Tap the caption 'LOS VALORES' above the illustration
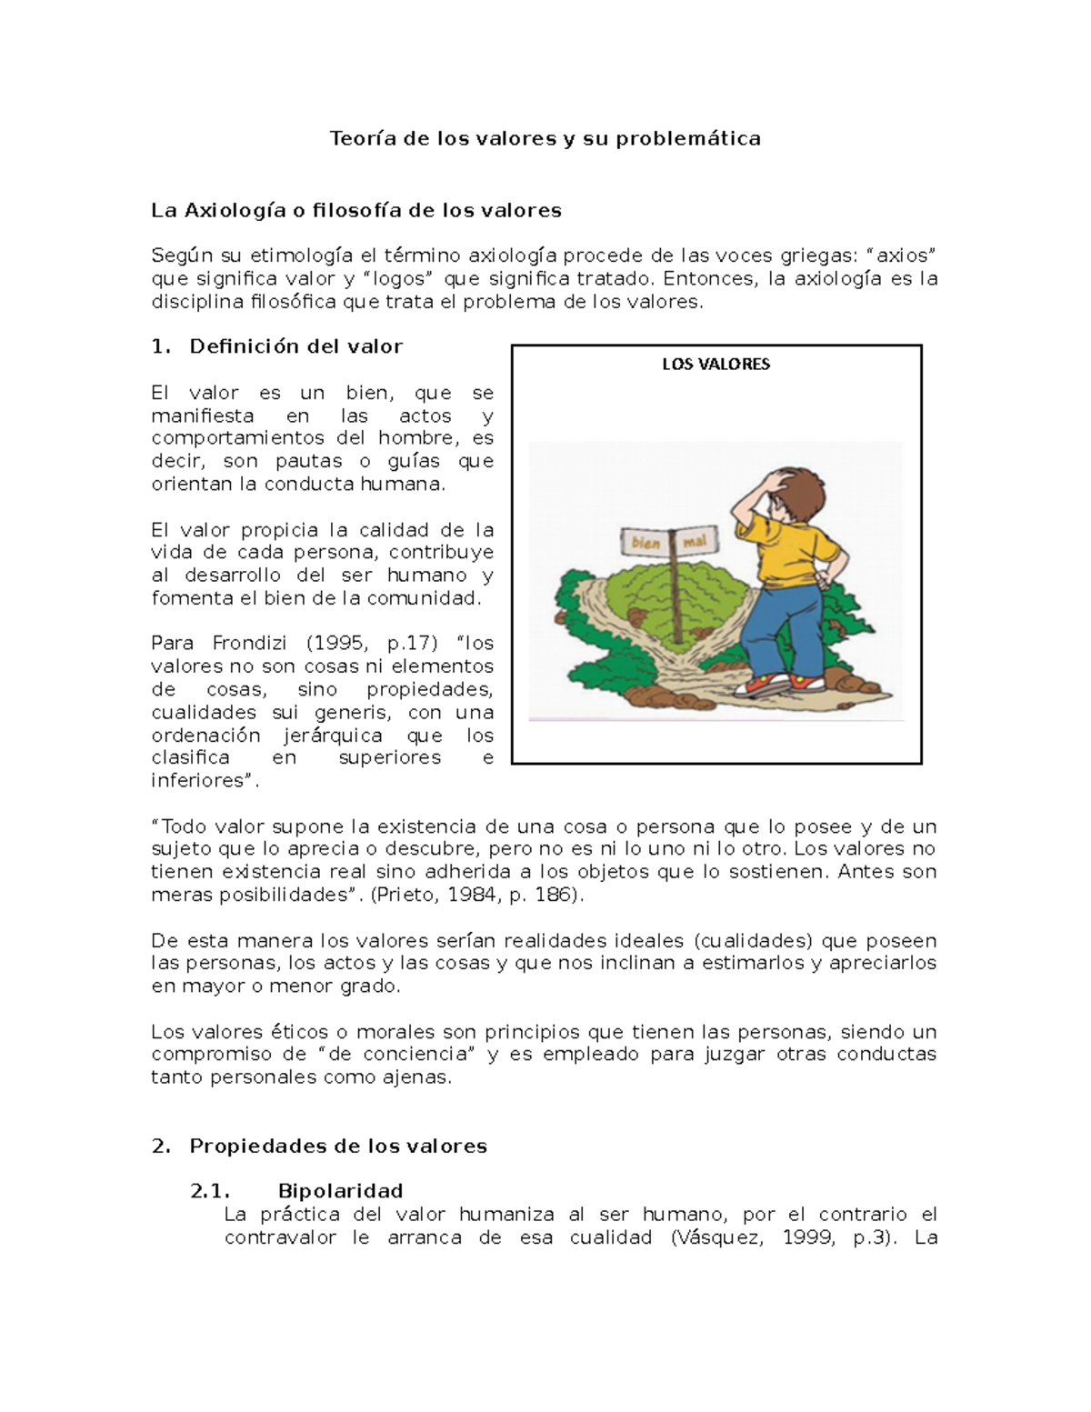[716, 365]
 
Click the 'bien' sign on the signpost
[646, 543]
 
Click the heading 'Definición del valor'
[295, 346]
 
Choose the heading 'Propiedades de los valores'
[338, 1147]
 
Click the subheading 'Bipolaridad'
[341, 1191]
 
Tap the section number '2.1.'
[209, 1191]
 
